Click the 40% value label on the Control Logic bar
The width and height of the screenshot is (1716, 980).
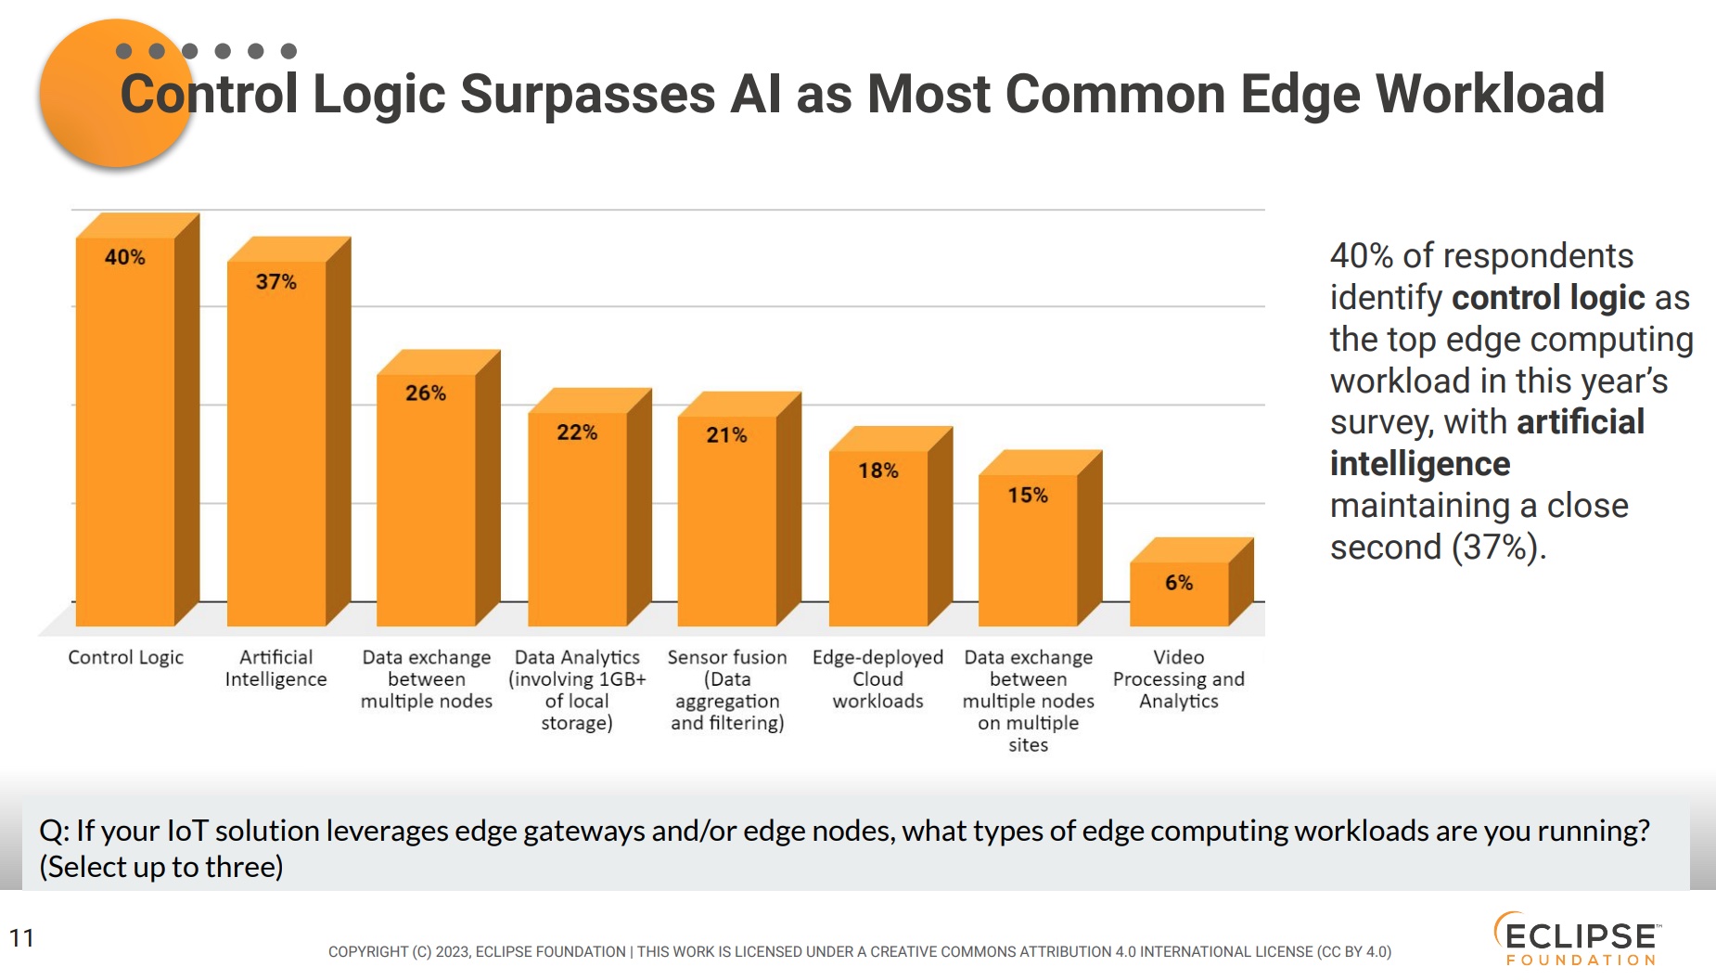124,257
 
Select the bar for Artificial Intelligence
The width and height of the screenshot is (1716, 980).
276,445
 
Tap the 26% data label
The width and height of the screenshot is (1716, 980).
426,393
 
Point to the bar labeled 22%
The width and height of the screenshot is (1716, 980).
577,520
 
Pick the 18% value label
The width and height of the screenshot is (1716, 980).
877,471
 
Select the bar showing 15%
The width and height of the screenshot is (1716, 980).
1028,557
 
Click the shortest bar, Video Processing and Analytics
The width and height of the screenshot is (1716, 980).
1179,599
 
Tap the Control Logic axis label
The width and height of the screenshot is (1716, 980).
125,657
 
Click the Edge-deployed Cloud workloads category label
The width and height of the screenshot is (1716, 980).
877,678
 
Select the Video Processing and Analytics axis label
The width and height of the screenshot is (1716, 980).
1179,678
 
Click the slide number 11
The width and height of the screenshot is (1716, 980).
21,938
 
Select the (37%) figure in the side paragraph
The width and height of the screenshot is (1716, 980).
1496,548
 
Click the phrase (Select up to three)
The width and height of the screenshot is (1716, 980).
161,867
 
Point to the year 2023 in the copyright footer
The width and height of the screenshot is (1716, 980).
452,952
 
